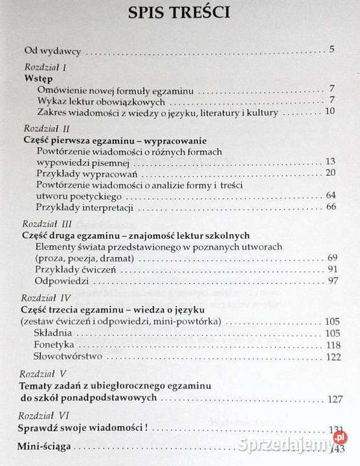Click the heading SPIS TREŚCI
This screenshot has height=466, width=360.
181,14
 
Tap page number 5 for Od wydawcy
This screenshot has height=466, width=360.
330,50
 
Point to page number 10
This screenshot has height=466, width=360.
329,112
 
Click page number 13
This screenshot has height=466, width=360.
329,162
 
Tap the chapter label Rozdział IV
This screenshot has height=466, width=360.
44,298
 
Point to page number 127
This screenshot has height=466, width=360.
332,399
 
